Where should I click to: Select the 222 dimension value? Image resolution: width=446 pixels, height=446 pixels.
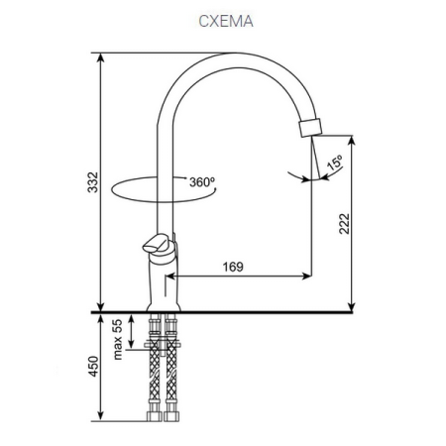(x=342, y=226)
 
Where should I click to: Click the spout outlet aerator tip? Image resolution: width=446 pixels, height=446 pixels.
(x=311, y=128)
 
